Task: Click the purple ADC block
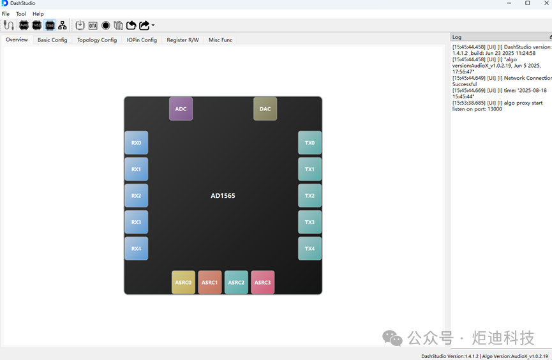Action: point(181,109)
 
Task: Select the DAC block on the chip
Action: point(265,109)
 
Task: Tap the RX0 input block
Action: point(136,143)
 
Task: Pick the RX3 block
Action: point(136,222)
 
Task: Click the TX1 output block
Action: point(310,169)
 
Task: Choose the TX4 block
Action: point(310,248)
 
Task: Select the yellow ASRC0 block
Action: point(183,282)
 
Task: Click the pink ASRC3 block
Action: point(263,282)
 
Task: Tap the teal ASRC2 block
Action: point(236,282)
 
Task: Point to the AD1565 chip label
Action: point(223,195)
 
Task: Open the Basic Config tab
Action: point(52,40)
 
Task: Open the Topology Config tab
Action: point(97,40)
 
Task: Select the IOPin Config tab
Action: point(142,40)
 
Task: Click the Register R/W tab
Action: point(183,40)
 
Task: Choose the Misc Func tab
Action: point(220,40)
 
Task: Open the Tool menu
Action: point(21,14)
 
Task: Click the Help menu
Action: point(38,14)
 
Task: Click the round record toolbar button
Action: point(105,26)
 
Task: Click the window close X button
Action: point(546,3)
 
